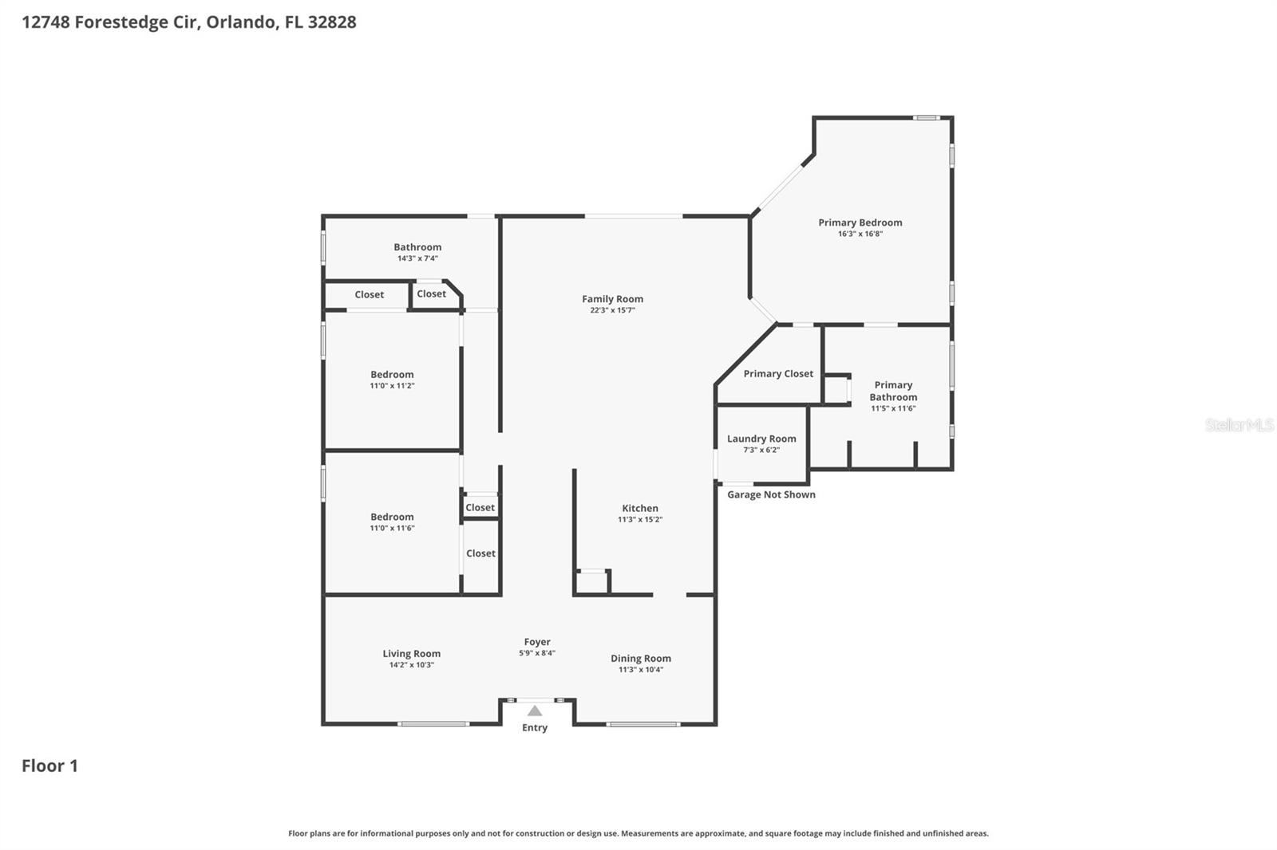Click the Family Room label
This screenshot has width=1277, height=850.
(612, 298)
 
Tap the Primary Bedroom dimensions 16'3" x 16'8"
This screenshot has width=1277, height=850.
(860, 234)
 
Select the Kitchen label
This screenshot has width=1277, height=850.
(639, 508)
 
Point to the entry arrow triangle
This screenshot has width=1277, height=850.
(534, 710)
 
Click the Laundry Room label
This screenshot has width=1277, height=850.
(761, 439)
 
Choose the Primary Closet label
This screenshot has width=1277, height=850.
(778, 374)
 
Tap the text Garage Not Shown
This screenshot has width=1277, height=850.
(771, 494)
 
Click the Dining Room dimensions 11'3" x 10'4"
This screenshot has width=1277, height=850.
(641, 670)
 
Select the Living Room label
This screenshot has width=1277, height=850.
(411, 654)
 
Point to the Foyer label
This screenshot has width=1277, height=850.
(537, 642)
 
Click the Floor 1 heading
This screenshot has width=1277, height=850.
(49, 765)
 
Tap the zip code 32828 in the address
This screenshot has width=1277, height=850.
(332, 22)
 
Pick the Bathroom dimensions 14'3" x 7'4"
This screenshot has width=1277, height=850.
(417, 258)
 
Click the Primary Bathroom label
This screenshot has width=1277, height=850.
(893, 391)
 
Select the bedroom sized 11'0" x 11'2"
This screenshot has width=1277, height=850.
(392, 380)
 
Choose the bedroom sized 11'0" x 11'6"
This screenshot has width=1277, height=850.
(392, 521)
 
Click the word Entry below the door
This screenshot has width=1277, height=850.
(534, 727)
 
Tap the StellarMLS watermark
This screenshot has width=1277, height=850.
(1239, 424)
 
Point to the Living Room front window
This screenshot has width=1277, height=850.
(433, 724)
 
